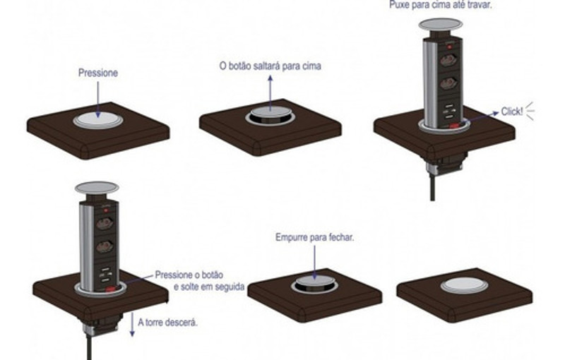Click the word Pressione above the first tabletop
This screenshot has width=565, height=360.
click(x=98, y=73)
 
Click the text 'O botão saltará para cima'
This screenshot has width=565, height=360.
click(x=270, y=67)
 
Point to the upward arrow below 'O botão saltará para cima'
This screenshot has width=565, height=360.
click(x=270, y=90)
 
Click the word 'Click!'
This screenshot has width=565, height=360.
click(x=513, y=112)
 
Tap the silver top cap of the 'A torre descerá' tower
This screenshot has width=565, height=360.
click(x=97, y=187)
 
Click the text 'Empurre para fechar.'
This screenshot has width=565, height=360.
click(x=315, y=238)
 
